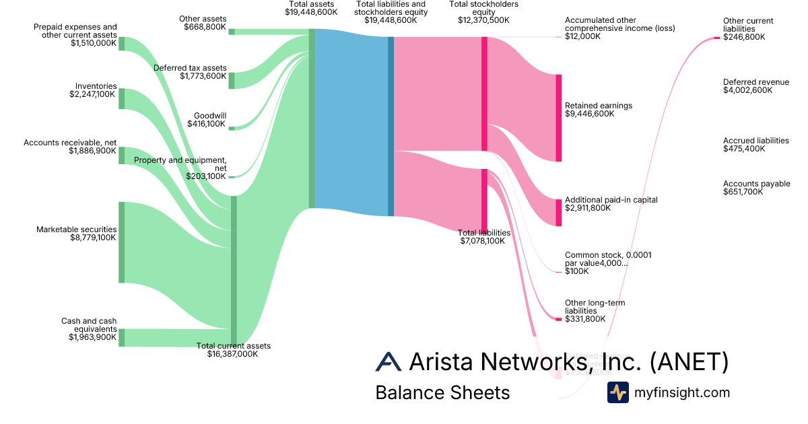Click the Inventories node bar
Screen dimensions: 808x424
pos(122,98)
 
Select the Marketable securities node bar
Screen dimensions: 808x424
pos(122,242)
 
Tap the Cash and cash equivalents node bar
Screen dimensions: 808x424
pos(122,338)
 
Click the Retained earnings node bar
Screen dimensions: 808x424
pos(558,118)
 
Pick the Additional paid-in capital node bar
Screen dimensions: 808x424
pos(558,213)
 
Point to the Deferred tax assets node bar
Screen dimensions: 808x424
pos(232,80)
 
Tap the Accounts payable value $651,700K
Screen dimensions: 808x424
pos(743,192)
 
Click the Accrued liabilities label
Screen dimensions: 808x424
pos(755,141)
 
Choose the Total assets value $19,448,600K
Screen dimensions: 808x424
pos(311,12)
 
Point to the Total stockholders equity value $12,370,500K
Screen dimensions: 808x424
pos(483,20)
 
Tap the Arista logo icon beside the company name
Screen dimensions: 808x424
pos(389,361)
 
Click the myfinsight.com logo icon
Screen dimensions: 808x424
pos(617,392)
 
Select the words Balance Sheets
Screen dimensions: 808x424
pos(442,392)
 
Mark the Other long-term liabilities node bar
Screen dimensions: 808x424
pos(558,319)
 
